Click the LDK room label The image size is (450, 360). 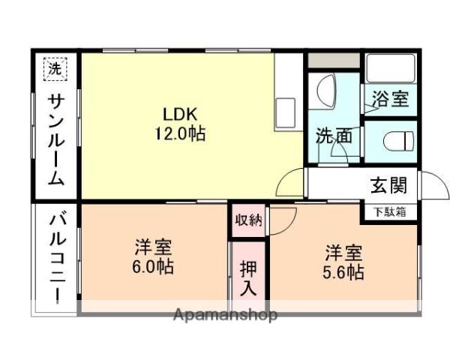click(180, 114)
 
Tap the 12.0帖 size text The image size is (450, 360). click(180, 134)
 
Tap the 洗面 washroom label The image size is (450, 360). click(333, 136)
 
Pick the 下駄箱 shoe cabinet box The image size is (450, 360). click(390, 212)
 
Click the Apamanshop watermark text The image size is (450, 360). click(225, 314)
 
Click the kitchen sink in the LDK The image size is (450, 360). click(287, 112)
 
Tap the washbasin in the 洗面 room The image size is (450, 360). click(326, 94)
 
